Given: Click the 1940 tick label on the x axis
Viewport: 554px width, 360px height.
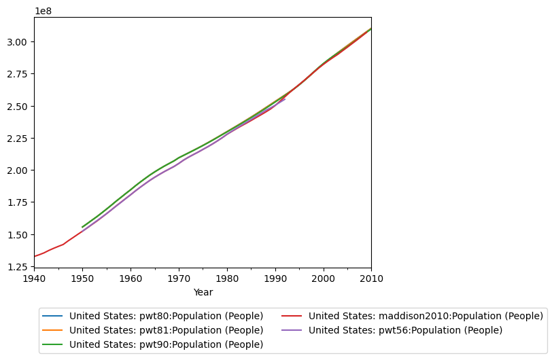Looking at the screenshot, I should (x=34, y=278).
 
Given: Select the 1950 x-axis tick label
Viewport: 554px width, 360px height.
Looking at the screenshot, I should (x=82, y=278).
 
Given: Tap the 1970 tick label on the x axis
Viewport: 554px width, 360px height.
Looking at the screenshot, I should (x=179, y=278).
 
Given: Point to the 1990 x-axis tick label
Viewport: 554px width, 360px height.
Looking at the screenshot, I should (x=275, y=278).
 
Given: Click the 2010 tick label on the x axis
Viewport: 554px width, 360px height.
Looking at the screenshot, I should (x=371, y=278).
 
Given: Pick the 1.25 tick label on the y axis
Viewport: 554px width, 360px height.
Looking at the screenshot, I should (x=18, y=268).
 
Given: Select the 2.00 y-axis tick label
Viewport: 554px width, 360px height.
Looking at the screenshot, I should (x=18, y=170).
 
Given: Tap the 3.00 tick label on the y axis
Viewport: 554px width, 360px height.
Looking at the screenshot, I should (x=18, y=42).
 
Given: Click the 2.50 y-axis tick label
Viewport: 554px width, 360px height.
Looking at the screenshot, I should (x=18, y=107).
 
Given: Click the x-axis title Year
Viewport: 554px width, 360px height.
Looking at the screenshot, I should (x=203, y=292).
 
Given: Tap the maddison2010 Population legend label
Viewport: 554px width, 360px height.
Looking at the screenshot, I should (x=426, y=316).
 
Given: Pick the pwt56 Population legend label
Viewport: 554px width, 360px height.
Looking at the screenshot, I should (x=405, y=330).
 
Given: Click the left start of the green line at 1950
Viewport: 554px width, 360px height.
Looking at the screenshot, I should (x=82, y=227).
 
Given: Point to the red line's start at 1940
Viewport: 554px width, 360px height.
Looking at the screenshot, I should (x=35, y=256).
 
